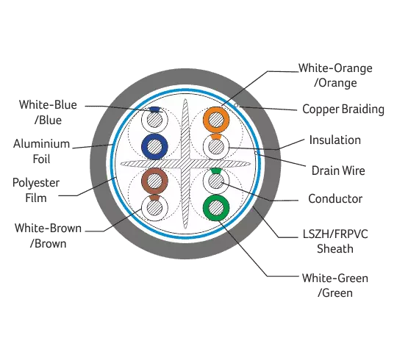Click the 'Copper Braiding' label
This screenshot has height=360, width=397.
point(343,109)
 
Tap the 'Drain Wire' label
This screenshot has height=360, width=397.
point(338,170)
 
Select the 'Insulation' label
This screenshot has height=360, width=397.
point(335,140)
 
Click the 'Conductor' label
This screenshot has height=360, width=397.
point(335,198)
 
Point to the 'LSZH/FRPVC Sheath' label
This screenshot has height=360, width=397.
point(335,241)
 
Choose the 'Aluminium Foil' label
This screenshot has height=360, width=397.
point(41,151)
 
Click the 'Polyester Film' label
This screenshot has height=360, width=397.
point(36,190)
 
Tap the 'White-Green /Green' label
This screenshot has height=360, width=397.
point(335,285)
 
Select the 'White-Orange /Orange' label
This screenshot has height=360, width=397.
point(335,76)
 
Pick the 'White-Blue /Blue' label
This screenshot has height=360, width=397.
point(48,112)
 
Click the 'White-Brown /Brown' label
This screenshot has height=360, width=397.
point(48,236)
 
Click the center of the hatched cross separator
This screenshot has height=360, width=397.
point(185,164)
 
